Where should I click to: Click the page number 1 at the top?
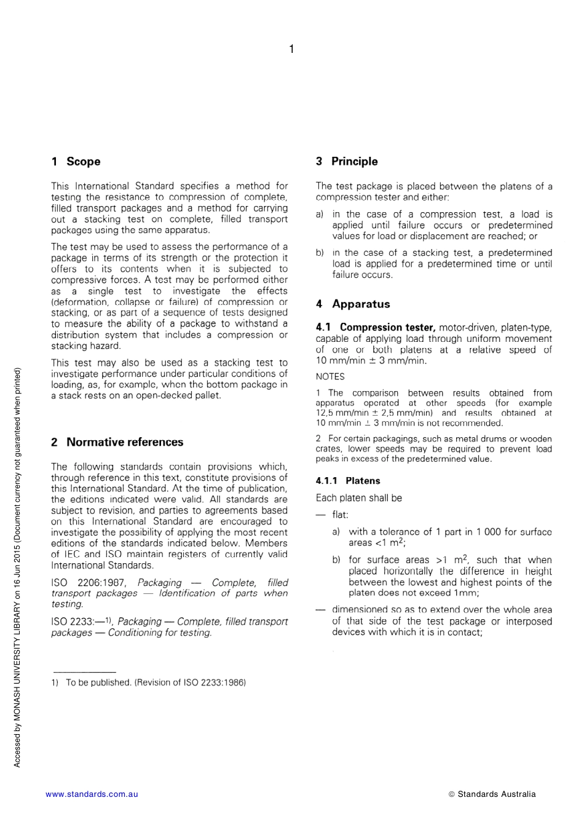point(291,49)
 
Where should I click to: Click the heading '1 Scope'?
point(76,162)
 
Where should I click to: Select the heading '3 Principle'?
point(347,162)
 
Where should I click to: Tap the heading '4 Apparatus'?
point(353,304)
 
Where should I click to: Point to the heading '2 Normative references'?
point(117,442)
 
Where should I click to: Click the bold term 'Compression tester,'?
point(387,328)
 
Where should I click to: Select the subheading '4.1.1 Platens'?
point(348,481)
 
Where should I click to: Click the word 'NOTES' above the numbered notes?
point(330,376)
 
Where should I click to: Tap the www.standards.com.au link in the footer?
point(92,794)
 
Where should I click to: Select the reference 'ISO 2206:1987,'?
point(89,582)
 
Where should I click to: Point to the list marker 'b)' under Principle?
point(320,253)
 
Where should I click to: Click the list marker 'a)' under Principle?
point(320,215)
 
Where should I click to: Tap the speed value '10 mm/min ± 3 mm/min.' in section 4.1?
point(371,361)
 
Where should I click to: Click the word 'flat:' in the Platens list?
point(340,515)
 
